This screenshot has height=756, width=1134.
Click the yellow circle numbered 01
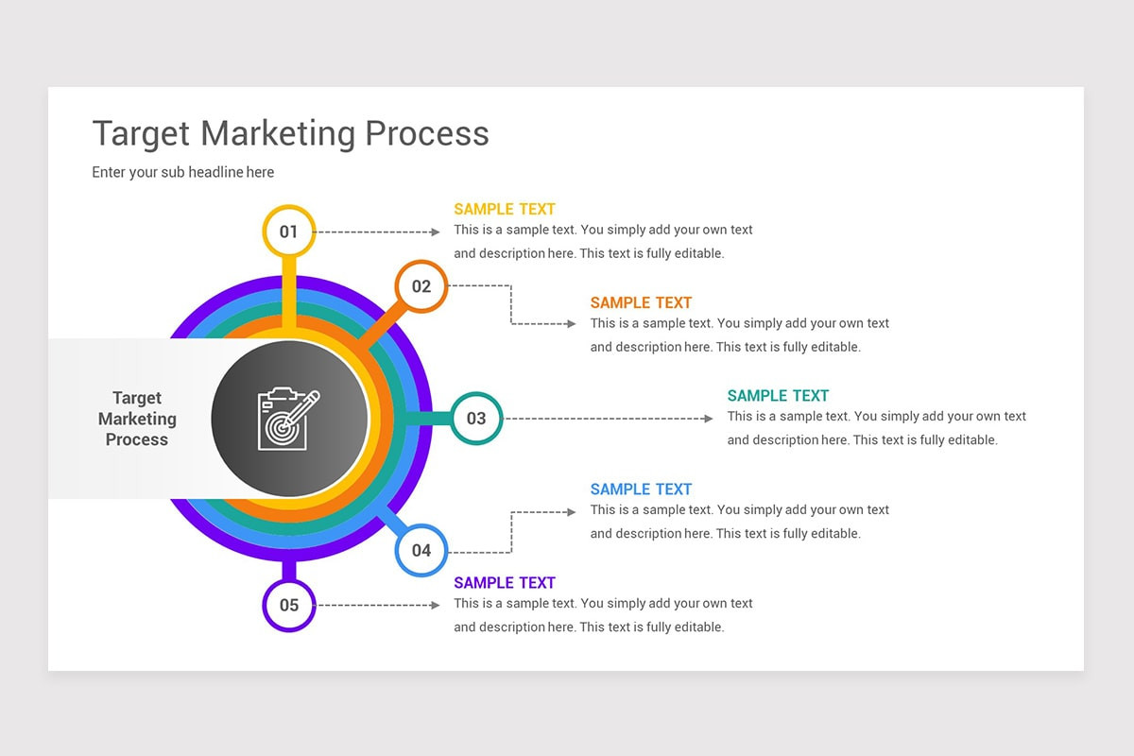coord(288,232)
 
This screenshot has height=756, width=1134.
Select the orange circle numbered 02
coord(421,286)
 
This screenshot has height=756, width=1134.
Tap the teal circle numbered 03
coord(476,418)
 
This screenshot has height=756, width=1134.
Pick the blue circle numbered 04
coord(421,550)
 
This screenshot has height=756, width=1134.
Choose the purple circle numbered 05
coord(288,606)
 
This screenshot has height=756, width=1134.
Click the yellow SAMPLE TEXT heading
coord(505,209)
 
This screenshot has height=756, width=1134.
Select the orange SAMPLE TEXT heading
coord(641,302)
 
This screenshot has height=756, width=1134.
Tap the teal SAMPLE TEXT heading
coord(778,396)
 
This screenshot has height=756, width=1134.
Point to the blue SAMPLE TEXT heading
coord(641,490)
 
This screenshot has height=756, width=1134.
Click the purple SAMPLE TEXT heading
coord(505,583)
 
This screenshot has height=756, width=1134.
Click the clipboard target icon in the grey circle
coord(288,419)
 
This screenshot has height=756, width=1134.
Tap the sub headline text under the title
coord(182,172)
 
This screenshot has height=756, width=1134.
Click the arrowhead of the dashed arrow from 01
coord(436,232)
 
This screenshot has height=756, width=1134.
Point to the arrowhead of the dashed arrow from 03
coord(709,418)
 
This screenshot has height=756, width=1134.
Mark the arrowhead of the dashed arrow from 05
coord(436,605)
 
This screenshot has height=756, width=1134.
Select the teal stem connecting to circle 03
coord(427,418)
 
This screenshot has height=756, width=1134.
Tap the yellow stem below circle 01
coord(289,293)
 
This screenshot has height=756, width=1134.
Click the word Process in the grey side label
coord(137,439)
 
